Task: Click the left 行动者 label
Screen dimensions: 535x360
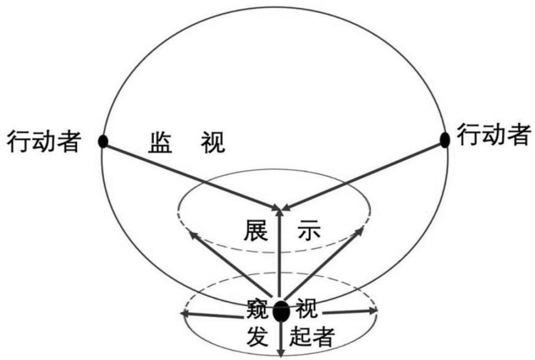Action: tap(43, 141)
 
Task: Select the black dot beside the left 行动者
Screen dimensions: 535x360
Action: tap(102, 141)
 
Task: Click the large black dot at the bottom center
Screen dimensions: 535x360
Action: tap(281, 311)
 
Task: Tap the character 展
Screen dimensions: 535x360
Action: tap(256, 229)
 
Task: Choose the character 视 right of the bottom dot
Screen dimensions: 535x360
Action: tap(305, 309)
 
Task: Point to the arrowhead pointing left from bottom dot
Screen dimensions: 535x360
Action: tap(185, 315)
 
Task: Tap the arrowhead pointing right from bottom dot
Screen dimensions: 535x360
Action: tap(373, 313)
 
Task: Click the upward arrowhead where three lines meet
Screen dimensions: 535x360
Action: tap(280, 208)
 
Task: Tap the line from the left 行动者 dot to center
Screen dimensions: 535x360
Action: tap(191, 174)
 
